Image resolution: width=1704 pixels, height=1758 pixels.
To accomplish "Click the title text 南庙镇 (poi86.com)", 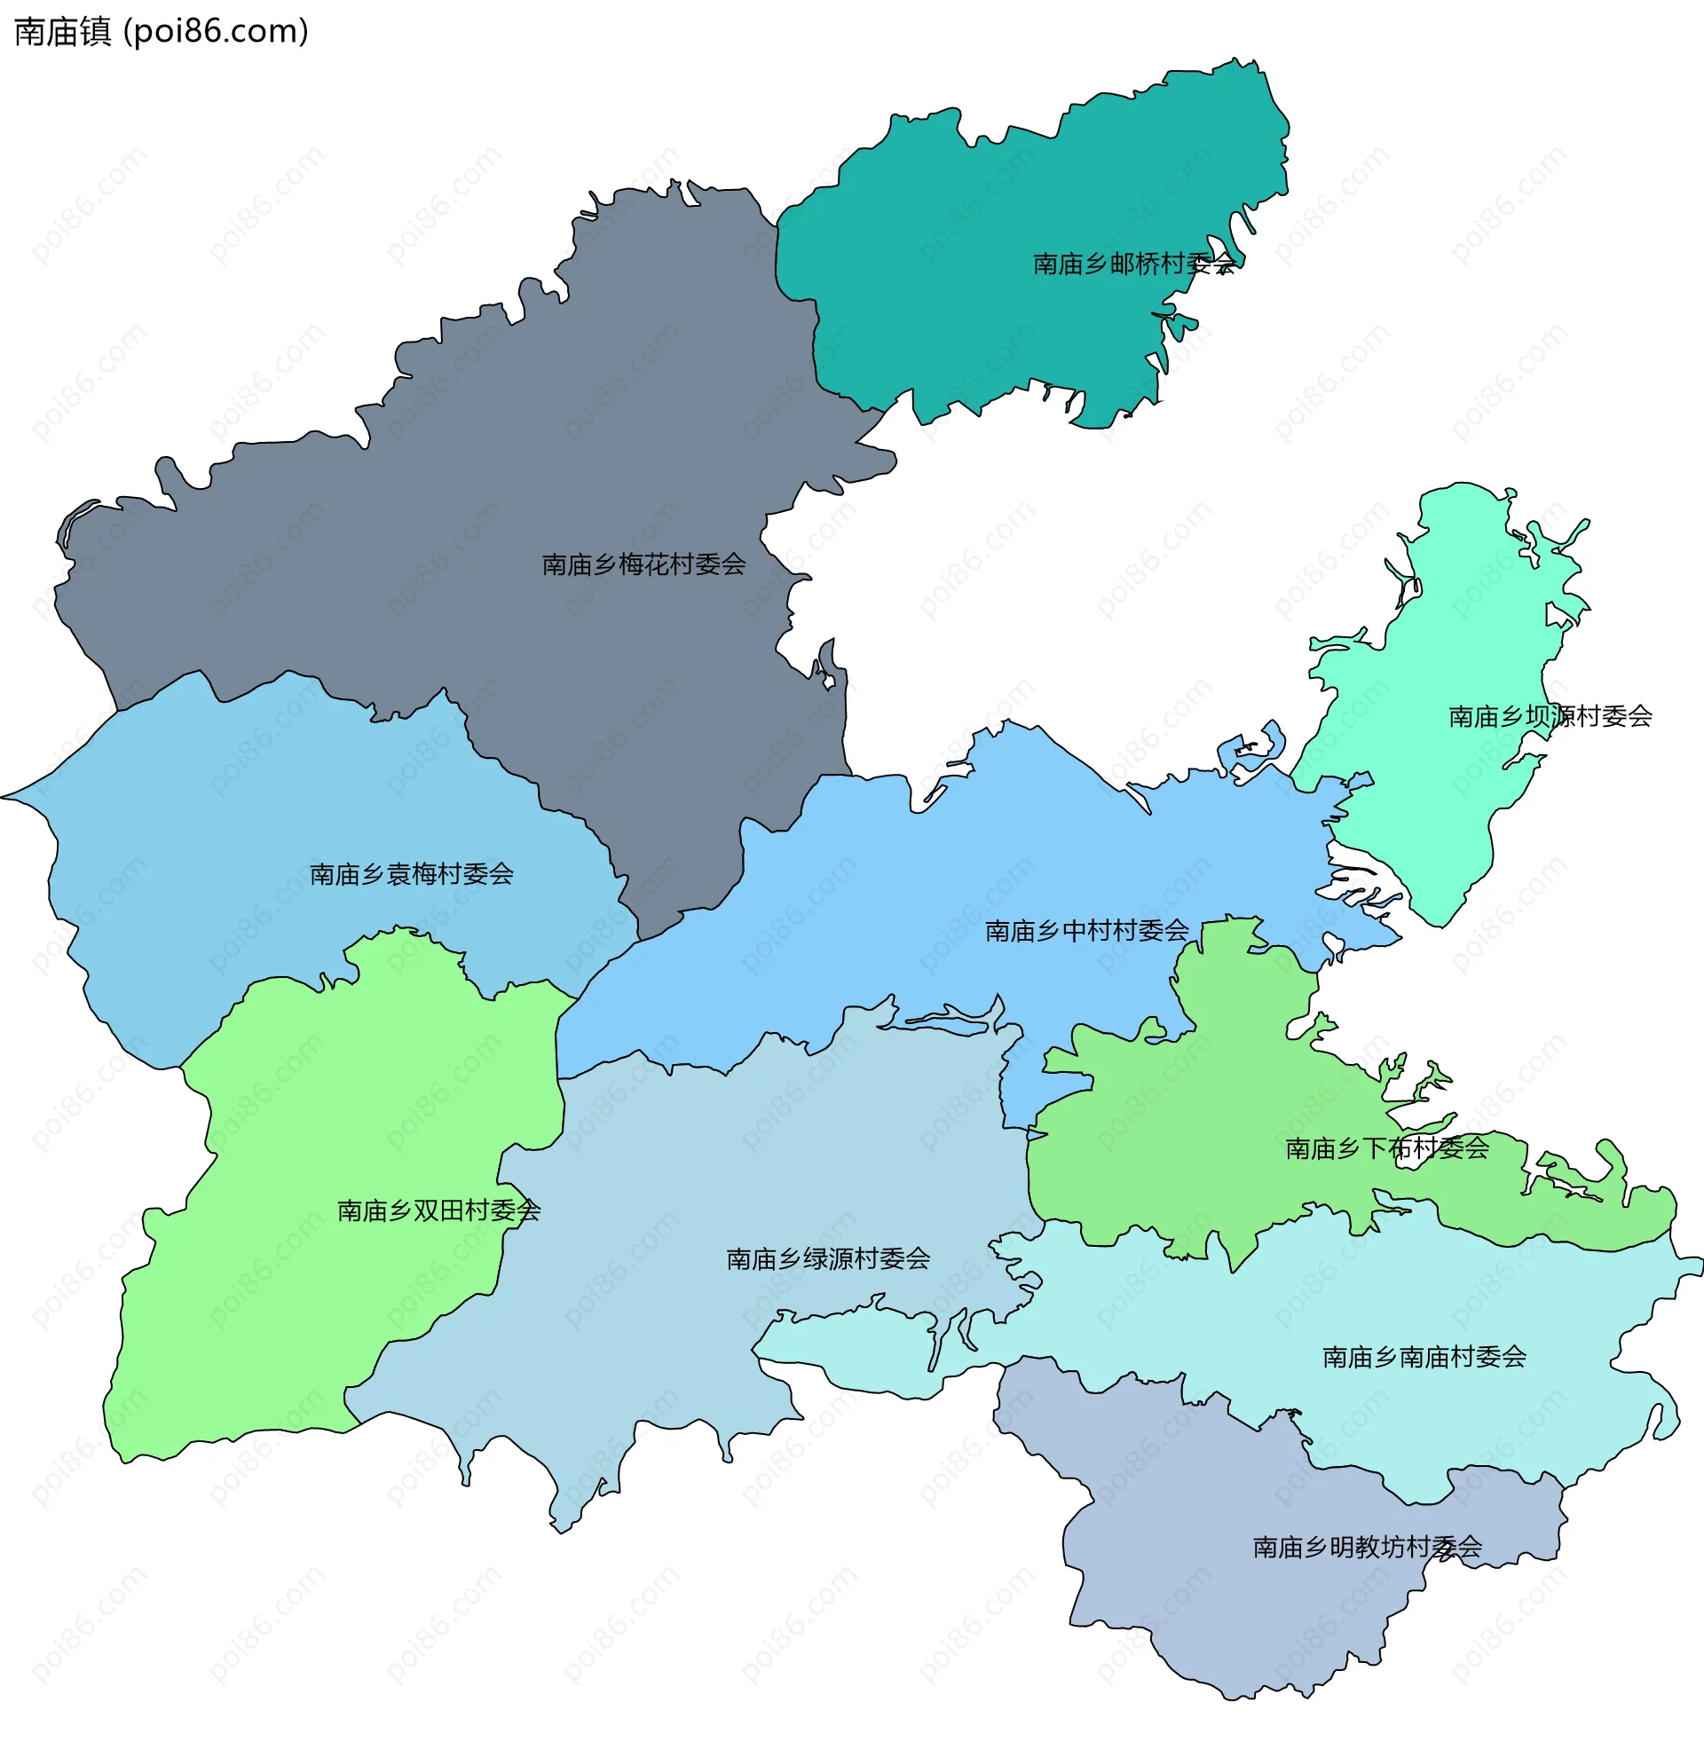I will (162, 32).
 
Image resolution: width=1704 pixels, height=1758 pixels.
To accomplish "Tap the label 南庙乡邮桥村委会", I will (1133, 264).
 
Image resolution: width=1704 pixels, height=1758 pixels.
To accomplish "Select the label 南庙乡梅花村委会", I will (644, 564).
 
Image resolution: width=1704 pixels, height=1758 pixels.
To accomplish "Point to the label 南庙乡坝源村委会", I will (1550, 717).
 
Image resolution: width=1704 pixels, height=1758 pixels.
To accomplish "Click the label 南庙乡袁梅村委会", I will (412, 874).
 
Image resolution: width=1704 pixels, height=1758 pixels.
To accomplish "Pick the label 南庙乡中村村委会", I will (1087, 931).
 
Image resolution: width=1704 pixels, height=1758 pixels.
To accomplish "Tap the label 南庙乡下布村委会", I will (1387, 1149).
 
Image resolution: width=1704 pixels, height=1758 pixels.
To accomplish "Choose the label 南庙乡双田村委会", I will (438, 1211).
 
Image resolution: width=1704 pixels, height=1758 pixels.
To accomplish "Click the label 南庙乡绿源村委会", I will (828, 1259).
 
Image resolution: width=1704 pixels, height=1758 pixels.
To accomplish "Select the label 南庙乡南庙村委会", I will (1424, 1357).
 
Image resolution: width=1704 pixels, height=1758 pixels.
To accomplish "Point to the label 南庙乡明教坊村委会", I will (1367, 1547).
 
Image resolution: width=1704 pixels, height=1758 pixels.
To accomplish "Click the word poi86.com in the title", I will (216, 32).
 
